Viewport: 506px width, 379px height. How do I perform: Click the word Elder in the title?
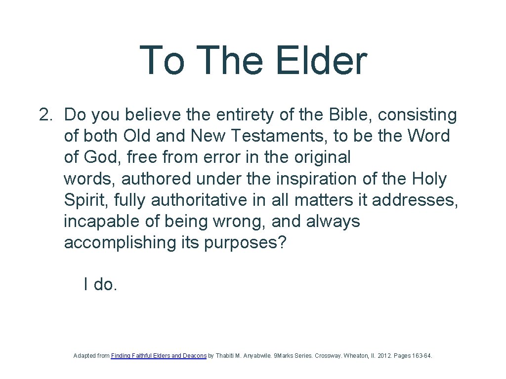(321, 60)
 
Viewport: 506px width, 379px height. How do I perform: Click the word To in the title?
(162, 60)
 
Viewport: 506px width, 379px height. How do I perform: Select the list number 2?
(45, 115)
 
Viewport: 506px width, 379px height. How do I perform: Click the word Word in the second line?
(428, 136)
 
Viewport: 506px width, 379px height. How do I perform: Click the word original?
(322, 157)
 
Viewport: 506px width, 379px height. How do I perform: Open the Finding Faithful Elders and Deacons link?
(159, 355)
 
